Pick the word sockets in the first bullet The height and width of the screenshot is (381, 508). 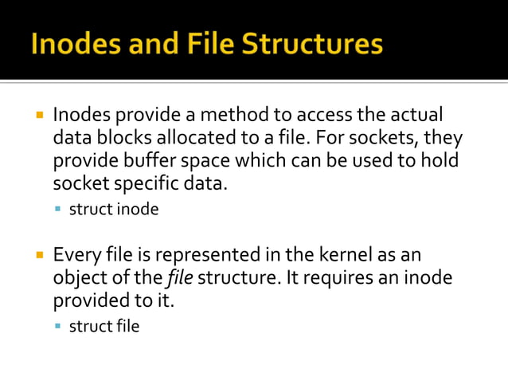click(390, 139)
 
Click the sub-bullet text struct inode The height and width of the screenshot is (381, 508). click(114, 210)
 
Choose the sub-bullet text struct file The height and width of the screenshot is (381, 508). click(104, 326)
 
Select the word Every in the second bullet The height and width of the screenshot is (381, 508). click(76, 255)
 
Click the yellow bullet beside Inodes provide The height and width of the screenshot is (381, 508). click(38, 116)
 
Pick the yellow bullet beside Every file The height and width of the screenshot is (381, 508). click(38, 256)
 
